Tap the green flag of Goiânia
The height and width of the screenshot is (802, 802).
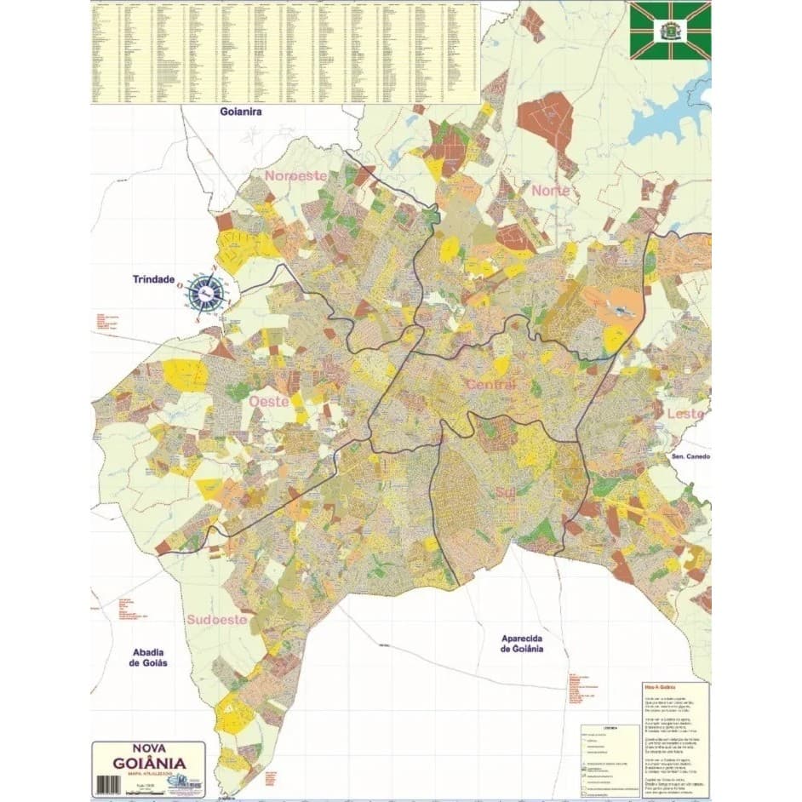(x=670, y=31)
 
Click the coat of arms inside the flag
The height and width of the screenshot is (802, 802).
(x=670, y=30)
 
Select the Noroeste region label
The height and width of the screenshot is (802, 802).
(x=295, y=175)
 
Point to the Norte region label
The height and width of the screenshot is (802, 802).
(x=551, y=191)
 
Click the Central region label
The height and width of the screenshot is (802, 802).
(x=491, y=385)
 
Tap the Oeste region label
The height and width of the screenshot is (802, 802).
(x=268, y=399)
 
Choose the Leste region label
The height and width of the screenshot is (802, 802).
(x=685, y=414)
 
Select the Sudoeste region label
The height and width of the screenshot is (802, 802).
(x=217, y=619)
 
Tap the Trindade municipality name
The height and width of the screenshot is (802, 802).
(x=153, y=279)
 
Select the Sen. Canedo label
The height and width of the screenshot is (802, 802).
(x=690, y=456)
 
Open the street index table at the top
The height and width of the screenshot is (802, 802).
(x=285, y=51)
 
